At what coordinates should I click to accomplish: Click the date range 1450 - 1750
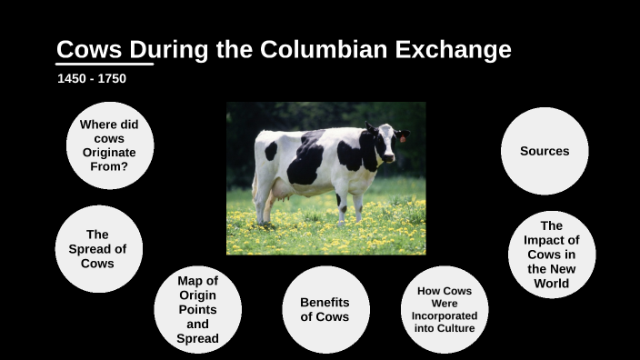(92, 79)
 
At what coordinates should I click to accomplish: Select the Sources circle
(545, 151)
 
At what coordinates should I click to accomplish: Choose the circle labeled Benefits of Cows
(325, 309)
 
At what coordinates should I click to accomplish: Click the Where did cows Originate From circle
(109, 145)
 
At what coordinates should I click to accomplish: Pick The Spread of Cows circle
(98, 248)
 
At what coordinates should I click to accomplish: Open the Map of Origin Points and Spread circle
(197, 309)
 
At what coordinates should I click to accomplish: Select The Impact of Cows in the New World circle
(551, 255)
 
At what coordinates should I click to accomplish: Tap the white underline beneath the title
(105, 65)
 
